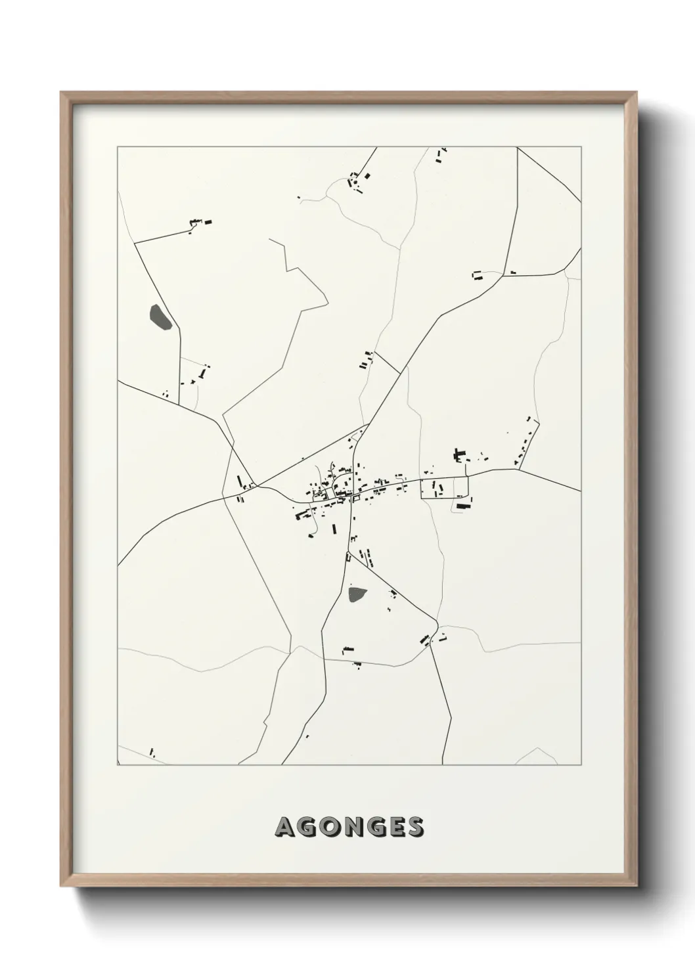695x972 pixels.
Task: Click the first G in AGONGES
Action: pyautogui.click(x=306, y=828)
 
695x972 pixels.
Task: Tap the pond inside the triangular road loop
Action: pyautogui.click(x=357, y=595)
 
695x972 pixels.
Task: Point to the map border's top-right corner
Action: pyautogui.click(x=581, y=147)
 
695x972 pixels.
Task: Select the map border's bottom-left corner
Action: pyautogui.click(x=118, y=765)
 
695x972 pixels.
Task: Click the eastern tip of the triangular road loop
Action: pyautogui.click(x=437, y=621)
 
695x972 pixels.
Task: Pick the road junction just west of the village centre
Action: pyautogui.click(x=258, y=487)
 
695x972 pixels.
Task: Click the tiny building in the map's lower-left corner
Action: pyautogui.click(x=152, y=751)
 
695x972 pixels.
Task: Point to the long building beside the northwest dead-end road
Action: pyautogui.click(x=209, y=223)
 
